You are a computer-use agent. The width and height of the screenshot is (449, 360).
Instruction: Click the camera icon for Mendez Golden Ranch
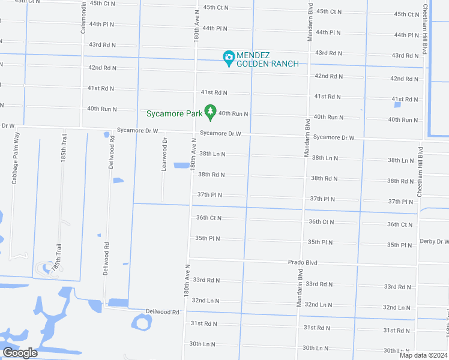click(228, 58)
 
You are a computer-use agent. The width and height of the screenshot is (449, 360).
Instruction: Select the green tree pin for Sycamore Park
click(209, 112)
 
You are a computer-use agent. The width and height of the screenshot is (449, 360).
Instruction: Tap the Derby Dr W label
click(435, 241)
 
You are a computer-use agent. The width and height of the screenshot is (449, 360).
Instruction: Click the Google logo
click(20, 353)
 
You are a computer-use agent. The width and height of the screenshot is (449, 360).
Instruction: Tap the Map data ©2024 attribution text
click(423, 355)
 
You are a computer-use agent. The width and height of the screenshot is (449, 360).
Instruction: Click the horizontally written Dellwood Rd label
click(163, 312)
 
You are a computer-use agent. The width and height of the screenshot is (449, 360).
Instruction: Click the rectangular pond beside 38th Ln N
click(181, 166)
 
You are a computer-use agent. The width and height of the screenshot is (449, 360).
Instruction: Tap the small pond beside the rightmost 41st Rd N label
click(397, 105)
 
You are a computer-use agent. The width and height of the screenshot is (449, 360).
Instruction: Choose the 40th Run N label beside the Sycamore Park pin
click(234, 113)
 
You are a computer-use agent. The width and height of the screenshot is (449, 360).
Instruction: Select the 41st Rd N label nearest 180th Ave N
click(214, 92)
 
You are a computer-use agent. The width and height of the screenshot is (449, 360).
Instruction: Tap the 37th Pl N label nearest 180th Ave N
click(209, 195)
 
